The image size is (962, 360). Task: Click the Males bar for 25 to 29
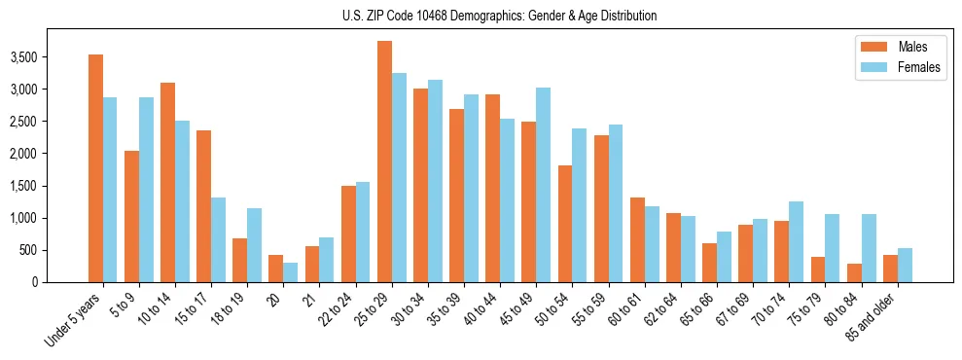(384, 162)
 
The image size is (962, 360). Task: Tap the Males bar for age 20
(276, 269)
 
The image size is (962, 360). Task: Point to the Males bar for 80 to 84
(854, 273)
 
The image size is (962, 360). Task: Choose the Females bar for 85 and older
(905, 265)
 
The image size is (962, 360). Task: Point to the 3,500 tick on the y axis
(49, 57)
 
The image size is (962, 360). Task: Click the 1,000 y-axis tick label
(49, 218)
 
